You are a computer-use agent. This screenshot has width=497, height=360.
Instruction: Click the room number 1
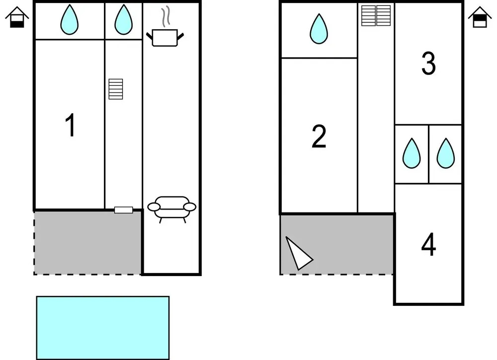[71, 125]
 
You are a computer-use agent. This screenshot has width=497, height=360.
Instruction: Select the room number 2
[319, 137]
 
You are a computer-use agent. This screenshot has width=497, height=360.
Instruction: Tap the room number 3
[428, 64]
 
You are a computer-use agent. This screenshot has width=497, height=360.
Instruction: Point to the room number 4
[428, 245]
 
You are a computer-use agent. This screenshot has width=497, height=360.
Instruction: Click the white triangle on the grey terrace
[298, 253]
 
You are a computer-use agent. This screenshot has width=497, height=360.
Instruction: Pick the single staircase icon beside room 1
[116, 89]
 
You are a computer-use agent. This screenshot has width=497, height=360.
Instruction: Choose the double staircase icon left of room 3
[376, 15]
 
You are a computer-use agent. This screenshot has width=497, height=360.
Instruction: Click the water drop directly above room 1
[69, 20]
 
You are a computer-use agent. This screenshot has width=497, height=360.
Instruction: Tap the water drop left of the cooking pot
[123, 20]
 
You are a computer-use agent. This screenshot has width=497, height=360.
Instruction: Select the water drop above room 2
[319, 29]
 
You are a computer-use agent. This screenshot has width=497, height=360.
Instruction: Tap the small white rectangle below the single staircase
[123, 210]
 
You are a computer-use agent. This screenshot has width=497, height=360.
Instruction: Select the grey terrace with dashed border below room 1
[87, 242]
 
